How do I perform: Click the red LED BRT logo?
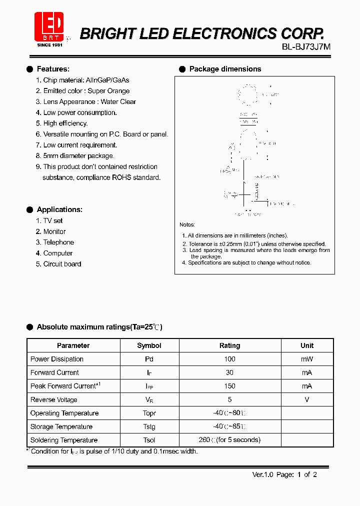click(x=49, y=26)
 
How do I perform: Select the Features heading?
click(x=53, y=69)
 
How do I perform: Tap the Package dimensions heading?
click(x=225, y=69)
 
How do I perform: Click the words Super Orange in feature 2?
click(x=108, y=91)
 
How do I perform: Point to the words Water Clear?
click(x=118, y=101)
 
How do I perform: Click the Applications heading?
click(x=59, y=209)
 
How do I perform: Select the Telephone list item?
click(x=58, y=242)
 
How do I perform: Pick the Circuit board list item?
click(x=62, y=264)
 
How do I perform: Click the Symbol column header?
click(x=149, y=345)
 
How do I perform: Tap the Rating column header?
click(x=229, y=345)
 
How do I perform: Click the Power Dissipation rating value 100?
click(x=229, y=359)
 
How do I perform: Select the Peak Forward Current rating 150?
click(x=229, y=386)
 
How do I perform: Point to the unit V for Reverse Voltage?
click(x=306, y=399)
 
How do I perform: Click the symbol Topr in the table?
click(x=149, y=413)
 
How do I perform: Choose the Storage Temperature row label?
click(x=61, y=426)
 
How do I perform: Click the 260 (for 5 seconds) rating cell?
click(x=229, y=440)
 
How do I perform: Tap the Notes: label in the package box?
click(x=187, y=225)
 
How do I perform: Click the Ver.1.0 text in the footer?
click(x=261, y=474)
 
